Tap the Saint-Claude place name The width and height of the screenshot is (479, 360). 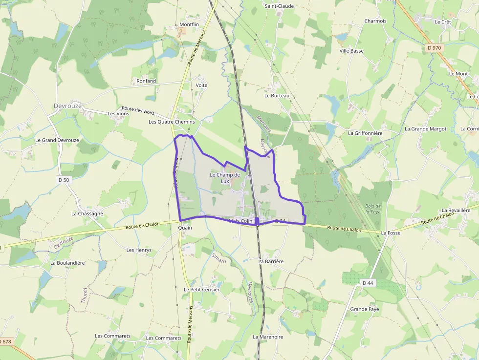click(x=279, y=6)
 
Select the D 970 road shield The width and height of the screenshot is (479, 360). click(x=434, y=48)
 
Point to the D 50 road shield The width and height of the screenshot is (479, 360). click(x=64, y=180)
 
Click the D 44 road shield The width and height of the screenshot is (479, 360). click(x=368, y=283)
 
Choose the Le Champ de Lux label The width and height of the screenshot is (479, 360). click(x=225, y=178)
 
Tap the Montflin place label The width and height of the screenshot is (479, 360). click(x=189, y=24)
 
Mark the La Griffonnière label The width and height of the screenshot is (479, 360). click(x=365, y=133)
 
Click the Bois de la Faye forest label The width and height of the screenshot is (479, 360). click(x=372, y=209)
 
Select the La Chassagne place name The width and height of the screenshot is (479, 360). click(x=87, y=213)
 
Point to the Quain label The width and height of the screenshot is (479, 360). click(x=185, y=228)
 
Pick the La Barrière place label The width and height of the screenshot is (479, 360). click(x=271, y=261)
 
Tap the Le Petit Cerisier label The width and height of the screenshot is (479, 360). click(x=201, y=289)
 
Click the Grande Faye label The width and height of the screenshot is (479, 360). click(x=364, y=309)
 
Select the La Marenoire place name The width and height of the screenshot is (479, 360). click(x=268, y=337)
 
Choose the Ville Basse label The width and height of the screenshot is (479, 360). click(x=351, y=51)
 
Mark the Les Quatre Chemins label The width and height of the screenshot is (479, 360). click(x=172, y=122)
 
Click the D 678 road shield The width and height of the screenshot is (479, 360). click(x=5, y=341)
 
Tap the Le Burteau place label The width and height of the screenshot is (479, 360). click(x=277, y=96)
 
